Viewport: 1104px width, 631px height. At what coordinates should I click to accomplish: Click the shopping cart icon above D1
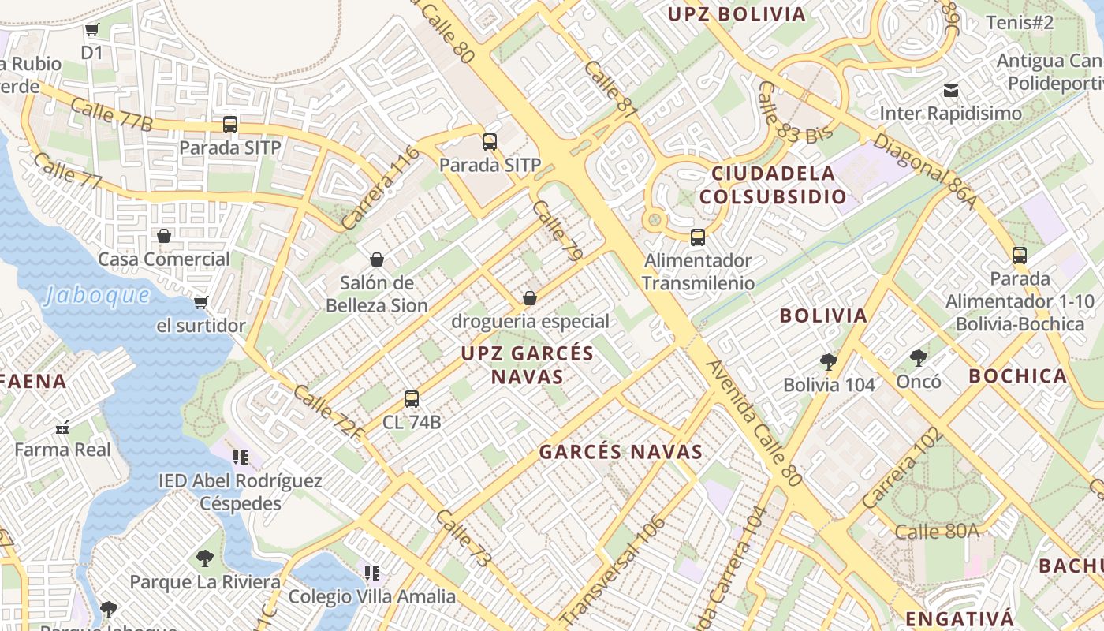(92, 30)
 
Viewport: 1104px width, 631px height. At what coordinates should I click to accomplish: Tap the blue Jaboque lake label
(97, 295)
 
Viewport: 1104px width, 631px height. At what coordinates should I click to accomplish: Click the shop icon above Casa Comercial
(164, 236)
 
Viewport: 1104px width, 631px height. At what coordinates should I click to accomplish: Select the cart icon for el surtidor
(201, 303)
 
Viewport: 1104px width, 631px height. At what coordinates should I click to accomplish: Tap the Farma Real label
(63, 450)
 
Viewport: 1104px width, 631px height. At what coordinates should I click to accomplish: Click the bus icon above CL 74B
(411, 399)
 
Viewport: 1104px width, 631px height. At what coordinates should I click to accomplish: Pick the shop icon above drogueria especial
(530, 298)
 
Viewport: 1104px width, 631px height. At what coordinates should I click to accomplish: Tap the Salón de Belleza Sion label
(377, 293)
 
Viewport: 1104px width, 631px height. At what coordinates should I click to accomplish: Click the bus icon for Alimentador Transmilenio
(697, 237)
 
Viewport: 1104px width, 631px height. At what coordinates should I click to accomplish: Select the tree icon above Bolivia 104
(828, 362)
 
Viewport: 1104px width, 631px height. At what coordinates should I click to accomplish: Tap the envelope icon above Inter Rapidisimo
(951, 91)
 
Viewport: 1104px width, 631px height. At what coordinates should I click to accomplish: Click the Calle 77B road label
(111, 114)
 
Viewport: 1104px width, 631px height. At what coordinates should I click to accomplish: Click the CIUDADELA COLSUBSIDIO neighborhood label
(773, 185)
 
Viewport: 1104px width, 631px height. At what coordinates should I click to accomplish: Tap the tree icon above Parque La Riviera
(205, 558)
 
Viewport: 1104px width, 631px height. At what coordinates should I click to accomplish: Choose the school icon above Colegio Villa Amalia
(372, 573)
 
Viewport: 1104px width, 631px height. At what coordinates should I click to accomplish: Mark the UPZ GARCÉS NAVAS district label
(528, 364)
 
